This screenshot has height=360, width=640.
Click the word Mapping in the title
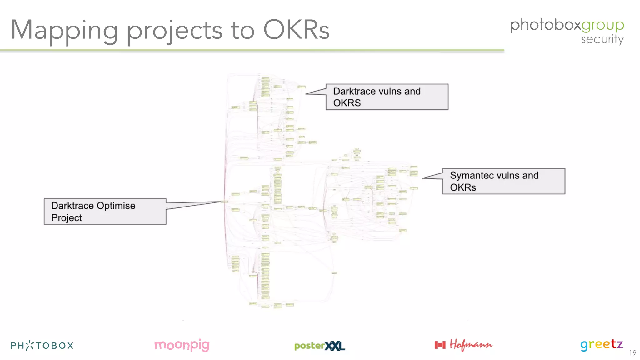click(64, 31)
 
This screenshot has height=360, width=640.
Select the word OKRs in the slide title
click(296, 30)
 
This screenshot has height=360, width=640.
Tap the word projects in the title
click(175, 31)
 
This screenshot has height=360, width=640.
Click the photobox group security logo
click(567, 31)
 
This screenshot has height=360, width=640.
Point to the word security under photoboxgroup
click(602, 40)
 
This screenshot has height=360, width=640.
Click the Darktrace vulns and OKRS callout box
click(387, 97)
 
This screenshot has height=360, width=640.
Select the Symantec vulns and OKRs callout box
click(504, 181)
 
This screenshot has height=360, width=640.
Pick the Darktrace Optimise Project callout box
click(105, 212)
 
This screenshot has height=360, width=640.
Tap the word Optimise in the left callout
click(116, 206)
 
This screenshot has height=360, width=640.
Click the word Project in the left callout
click(67, 218)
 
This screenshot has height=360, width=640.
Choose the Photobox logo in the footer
click(42, 345)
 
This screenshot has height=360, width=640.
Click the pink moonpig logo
click(182, 345)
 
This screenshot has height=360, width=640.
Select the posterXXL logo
click(319, 346)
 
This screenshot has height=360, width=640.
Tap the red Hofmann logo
click(463, 345)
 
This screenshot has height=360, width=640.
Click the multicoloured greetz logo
click(602, 345)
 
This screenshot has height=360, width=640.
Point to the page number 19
click(632, 353)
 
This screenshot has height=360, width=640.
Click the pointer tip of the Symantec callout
click(423, 178)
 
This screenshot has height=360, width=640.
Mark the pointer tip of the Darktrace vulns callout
click(306, 93)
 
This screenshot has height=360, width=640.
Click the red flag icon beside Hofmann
click(440, 345)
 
